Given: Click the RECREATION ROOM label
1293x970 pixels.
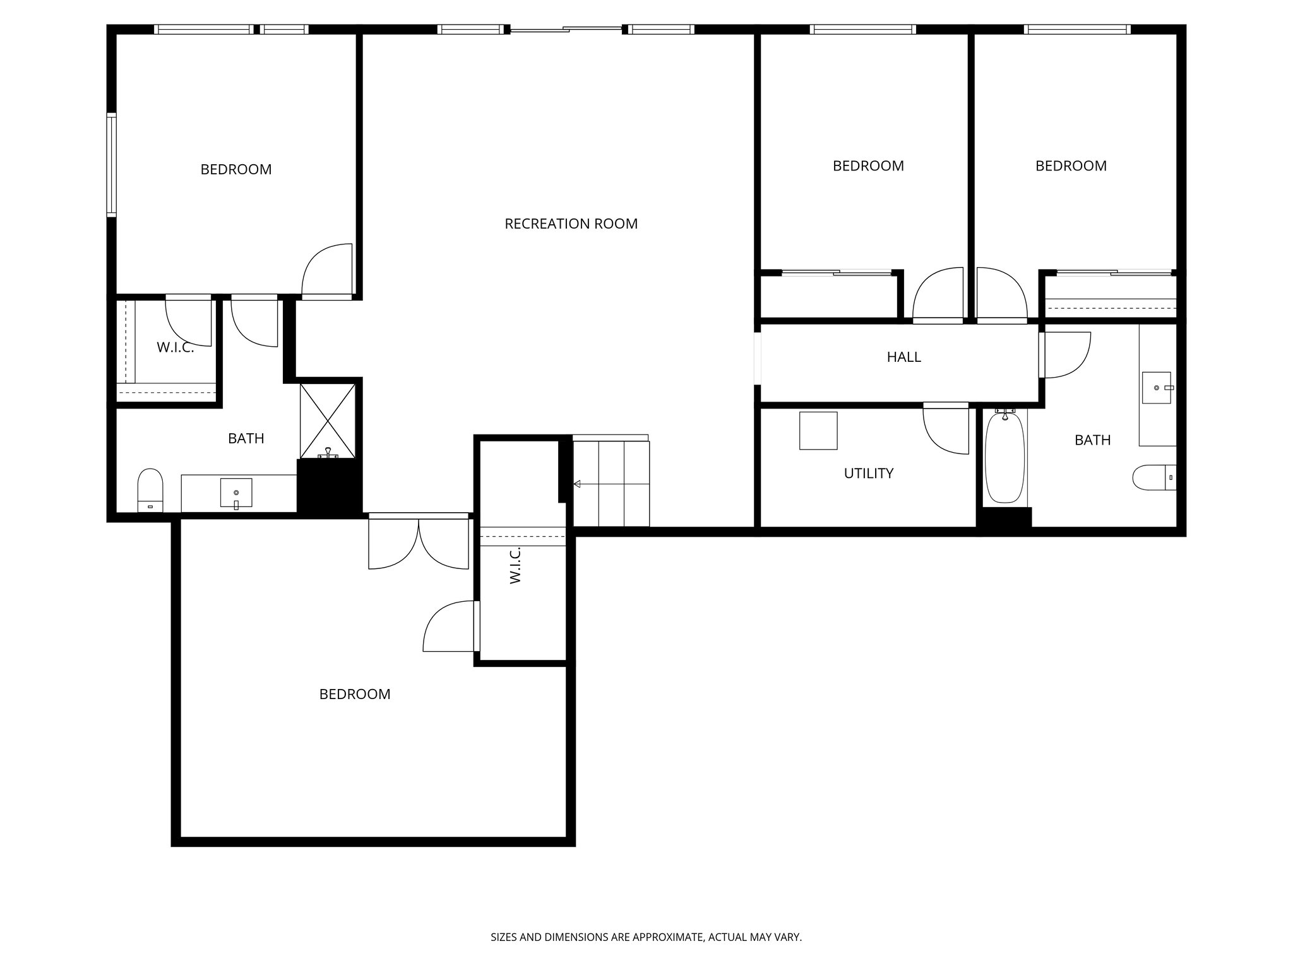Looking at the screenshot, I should tap(571, 224).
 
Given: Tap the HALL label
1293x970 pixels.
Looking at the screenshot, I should tap(903, 357).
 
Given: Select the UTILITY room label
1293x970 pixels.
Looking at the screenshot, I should tap(868, 473).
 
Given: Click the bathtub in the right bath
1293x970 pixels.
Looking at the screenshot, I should tap(1004, 458).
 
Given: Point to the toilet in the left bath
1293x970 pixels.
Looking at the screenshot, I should tap(150, 489).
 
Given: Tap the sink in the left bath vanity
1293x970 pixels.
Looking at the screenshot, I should tap(235, 493).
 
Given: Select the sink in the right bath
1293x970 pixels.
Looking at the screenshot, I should tap(1157, 387).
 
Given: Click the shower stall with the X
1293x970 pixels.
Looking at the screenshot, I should tap(327, 420).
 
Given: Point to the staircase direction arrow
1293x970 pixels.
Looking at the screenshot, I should tap(576, 484).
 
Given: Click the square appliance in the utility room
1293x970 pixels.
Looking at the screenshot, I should tap(818, 431).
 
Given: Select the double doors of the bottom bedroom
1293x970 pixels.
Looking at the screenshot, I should tap(419, 542).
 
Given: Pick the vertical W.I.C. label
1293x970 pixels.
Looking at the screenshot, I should tap(515, 565).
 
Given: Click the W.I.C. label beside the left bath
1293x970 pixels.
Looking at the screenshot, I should tap(175, 347).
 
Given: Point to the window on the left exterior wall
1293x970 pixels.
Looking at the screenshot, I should tap(111, 165).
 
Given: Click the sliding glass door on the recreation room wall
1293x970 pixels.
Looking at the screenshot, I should tap(566, 29).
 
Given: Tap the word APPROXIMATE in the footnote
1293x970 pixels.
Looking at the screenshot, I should tap(667, 937).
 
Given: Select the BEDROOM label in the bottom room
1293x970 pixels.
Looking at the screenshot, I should tap(354, 694).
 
